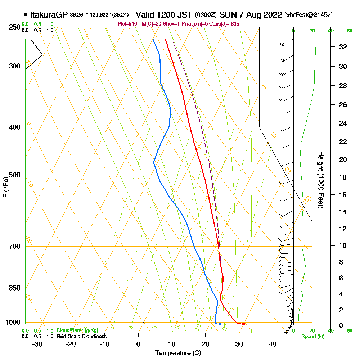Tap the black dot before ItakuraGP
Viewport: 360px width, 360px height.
tap(25, 15)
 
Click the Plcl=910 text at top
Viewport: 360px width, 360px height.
tap(126, 24)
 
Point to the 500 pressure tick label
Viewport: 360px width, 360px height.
tap(15, 175)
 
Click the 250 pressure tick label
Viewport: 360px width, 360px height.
tap(15, 27)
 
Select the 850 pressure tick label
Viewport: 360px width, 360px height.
tap(15, 288)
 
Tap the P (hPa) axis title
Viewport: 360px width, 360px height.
tap(5, 187)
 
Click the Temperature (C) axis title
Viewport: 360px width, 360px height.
tap(178, 353)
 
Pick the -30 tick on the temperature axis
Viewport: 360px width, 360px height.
tap(37, 344)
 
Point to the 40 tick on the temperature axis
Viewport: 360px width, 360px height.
tap(273, 344)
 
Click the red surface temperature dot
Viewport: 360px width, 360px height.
tap(243, 324)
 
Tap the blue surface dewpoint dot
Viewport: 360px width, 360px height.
tap(220, 324)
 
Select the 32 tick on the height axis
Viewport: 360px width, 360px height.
tap(343, 47)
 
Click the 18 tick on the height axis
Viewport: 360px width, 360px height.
tap(343, 177)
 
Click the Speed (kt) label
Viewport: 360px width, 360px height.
tap(312, 337)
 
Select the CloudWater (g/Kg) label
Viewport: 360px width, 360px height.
tap(77, 330)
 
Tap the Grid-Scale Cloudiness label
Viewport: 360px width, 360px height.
tap(81, 336)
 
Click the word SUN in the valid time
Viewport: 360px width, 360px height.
tap(226, 15)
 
